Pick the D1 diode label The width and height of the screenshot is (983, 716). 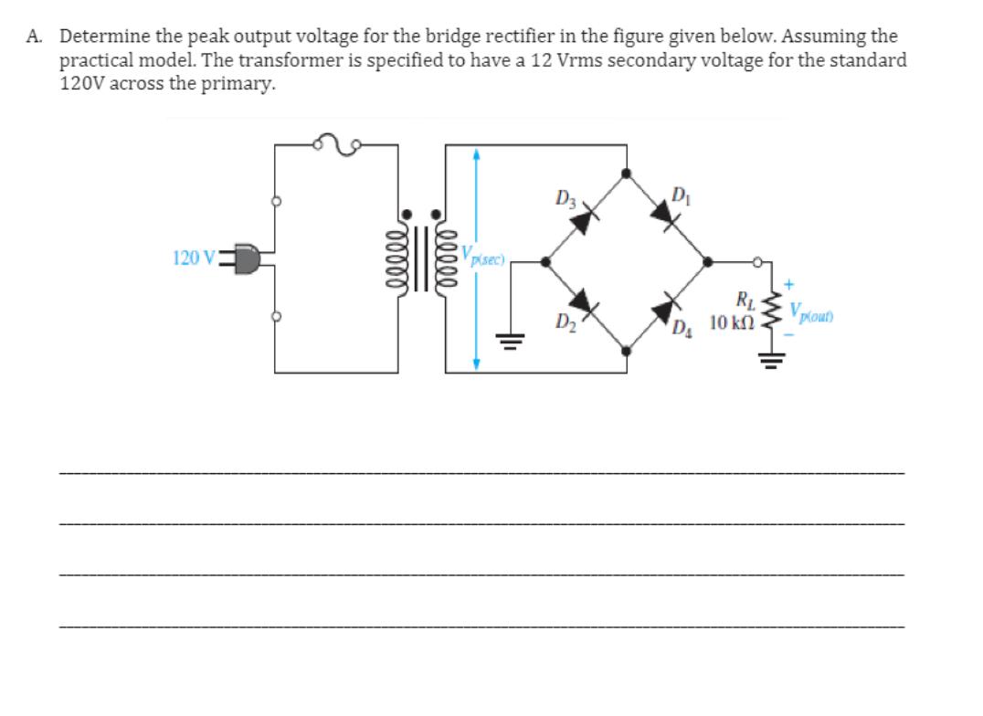(680, 194)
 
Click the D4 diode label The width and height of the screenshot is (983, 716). (682, 328)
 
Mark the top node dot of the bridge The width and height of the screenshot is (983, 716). (626, 173)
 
